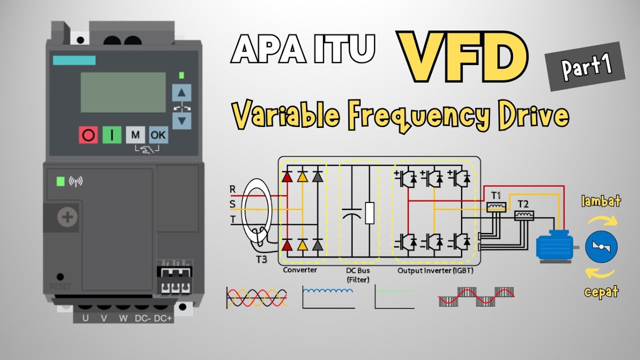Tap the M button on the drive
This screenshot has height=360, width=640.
[x=135, y=135]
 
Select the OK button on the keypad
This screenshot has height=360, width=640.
[x=158, y=135]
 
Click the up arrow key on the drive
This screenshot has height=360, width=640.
[x=181, y=92]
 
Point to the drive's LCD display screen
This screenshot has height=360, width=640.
[x=123, y=92]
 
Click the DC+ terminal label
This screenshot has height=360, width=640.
[x=163, y=318]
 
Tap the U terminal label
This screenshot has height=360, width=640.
[x=85, y=318]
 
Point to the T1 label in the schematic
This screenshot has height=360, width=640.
[x=495, y=195]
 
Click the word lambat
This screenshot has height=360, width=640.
[x=600, y=201]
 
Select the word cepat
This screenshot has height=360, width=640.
[x=601, y=291]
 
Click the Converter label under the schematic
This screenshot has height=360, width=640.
[x=300, y=270]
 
